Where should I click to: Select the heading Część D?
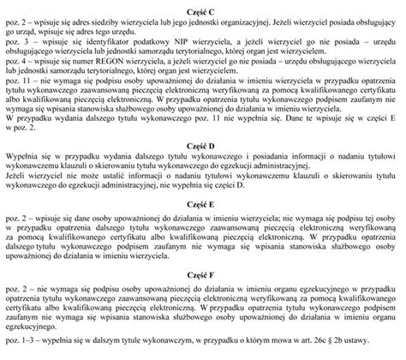coord(203,147)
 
